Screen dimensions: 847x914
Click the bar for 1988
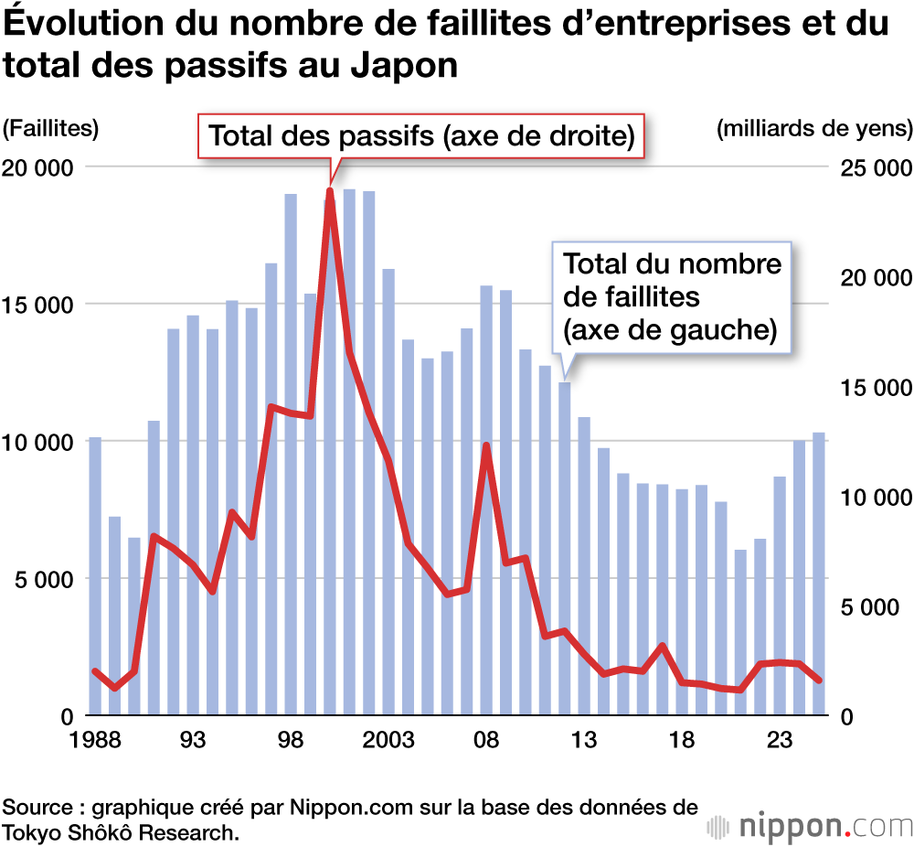[x=95, y=576]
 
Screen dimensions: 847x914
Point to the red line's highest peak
[x=329, y=191]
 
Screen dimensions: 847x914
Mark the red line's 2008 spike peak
[x=486, y=446]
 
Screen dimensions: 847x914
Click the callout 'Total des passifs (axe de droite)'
[x=421, y=137]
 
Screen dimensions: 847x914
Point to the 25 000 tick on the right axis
[x=876, y=167]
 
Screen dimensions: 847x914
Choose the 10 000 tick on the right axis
[x=876, y=497]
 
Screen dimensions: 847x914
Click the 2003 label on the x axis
[x=389, y=739]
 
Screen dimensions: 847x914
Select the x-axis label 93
[x=193, y=739]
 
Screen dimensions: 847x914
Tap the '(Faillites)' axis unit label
[x=50, y=128]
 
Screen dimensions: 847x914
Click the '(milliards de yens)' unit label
[x=814, y=128]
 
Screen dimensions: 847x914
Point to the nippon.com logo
[x=809, y=825]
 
